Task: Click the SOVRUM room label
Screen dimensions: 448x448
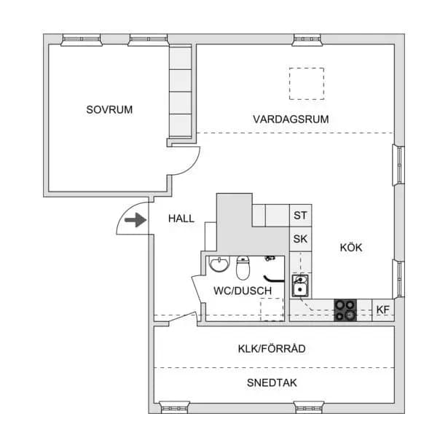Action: (x=109, y=110)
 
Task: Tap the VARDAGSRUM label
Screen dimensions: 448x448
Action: (x=291, y=119)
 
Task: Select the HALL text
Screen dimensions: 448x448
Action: (x=181, y=219)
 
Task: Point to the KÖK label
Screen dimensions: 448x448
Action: (x=351, y=247)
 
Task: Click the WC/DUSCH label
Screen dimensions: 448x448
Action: (x=243, y=291)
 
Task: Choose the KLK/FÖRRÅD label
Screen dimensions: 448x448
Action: (x=272, y=348)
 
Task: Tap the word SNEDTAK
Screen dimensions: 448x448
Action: (x=272, y=383)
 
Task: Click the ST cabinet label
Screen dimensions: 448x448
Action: (x=300, y=216)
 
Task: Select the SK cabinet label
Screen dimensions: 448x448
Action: (x=300, y=239)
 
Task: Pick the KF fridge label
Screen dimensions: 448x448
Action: (x=383, y=310)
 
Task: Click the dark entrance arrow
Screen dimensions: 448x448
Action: (x=135, y=220)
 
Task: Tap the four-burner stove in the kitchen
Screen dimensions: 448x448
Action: (x=345, y=310)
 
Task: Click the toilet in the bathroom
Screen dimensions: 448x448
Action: (x=243, y=268)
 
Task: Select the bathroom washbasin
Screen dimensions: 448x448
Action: (x=219, y=264)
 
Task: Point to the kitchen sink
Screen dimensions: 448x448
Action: (x=300, y=286)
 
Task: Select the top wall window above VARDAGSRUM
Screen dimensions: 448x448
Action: (x=307, y=40)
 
